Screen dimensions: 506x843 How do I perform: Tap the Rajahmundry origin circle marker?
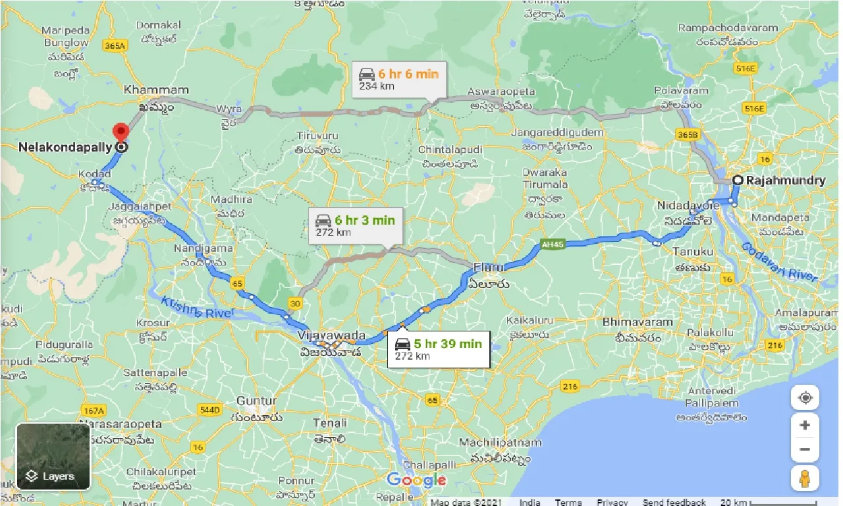(739, 180)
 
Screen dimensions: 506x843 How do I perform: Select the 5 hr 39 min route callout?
(439, 349)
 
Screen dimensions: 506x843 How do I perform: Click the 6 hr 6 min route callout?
(399, 80)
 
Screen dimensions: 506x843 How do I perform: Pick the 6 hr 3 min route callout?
(356, 225)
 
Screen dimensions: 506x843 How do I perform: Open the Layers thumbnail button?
(53, 457)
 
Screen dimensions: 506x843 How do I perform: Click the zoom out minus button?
(805, 450)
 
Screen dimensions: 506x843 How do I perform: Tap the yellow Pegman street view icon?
(805, 478)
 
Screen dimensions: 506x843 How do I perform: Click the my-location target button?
(805, 398)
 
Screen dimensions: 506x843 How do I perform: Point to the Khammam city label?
(156, 90)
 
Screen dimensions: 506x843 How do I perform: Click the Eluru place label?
(488, 268)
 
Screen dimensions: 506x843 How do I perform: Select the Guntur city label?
(257, 401)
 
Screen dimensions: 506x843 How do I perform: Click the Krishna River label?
(196, 307)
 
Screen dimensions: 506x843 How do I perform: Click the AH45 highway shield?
(552, 244)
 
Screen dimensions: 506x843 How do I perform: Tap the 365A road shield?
(114, 45)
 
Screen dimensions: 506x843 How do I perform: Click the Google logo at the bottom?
(416, 480)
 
